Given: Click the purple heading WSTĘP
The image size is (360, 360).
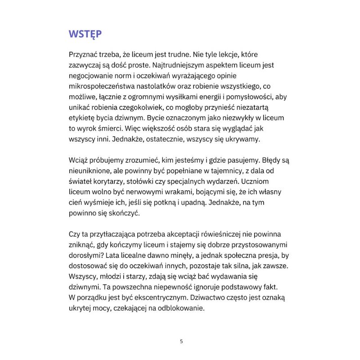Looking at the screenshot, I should pos(85,34).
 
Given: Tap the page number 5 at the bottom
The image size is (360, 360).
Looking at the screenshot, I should pos(181,341).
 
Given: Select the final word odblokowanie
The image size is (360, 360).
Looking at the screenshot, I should pos(180,308).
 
